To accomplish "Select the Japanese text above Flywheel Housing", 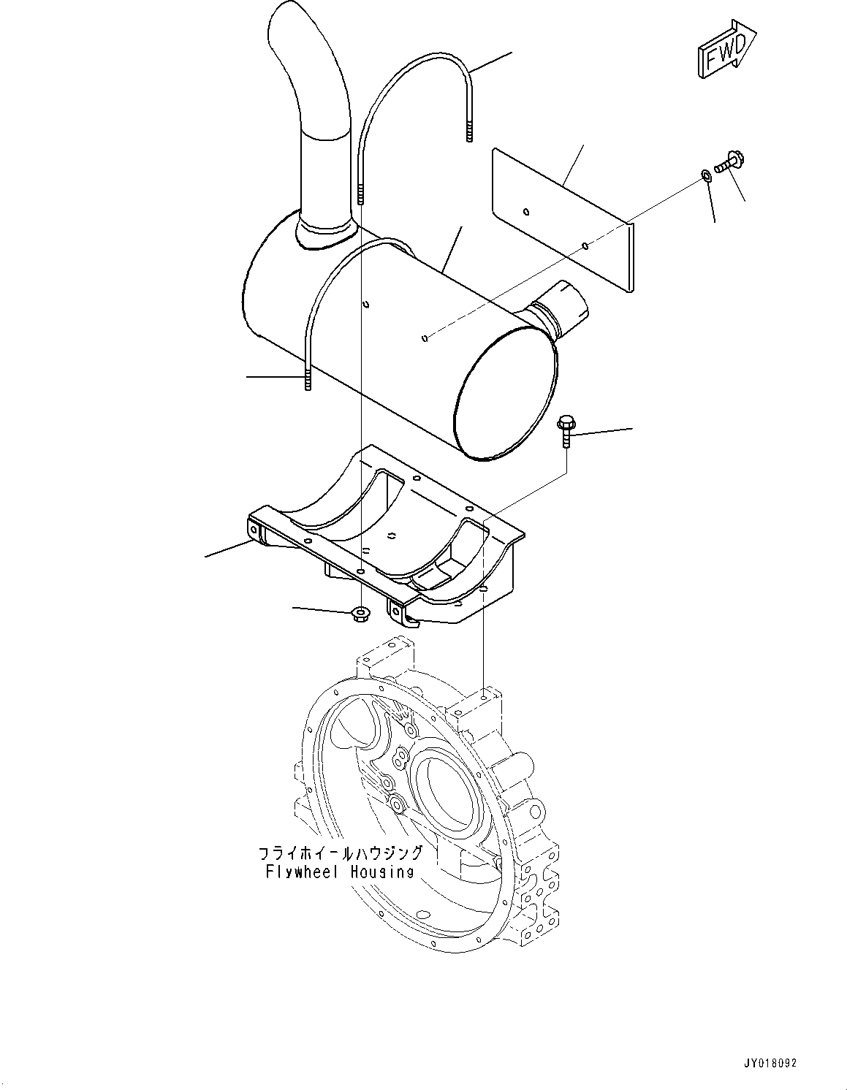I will pos(340,853).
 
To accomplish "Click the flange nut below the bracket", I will pos(359,614).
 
